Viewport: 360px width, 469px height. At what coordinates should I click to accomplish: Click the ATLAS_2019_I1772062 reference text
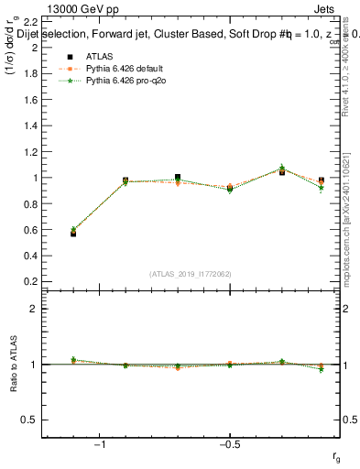[x=191, y=273]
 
